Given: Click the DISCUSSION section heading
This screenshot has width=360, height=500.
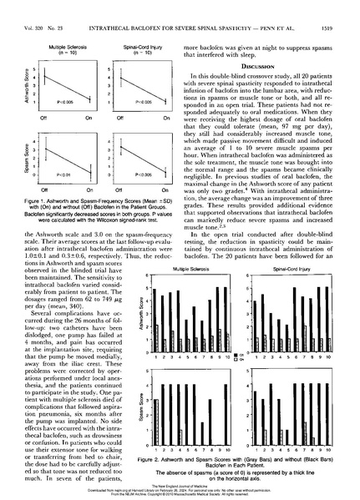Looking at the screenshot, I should coord(271,68).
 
